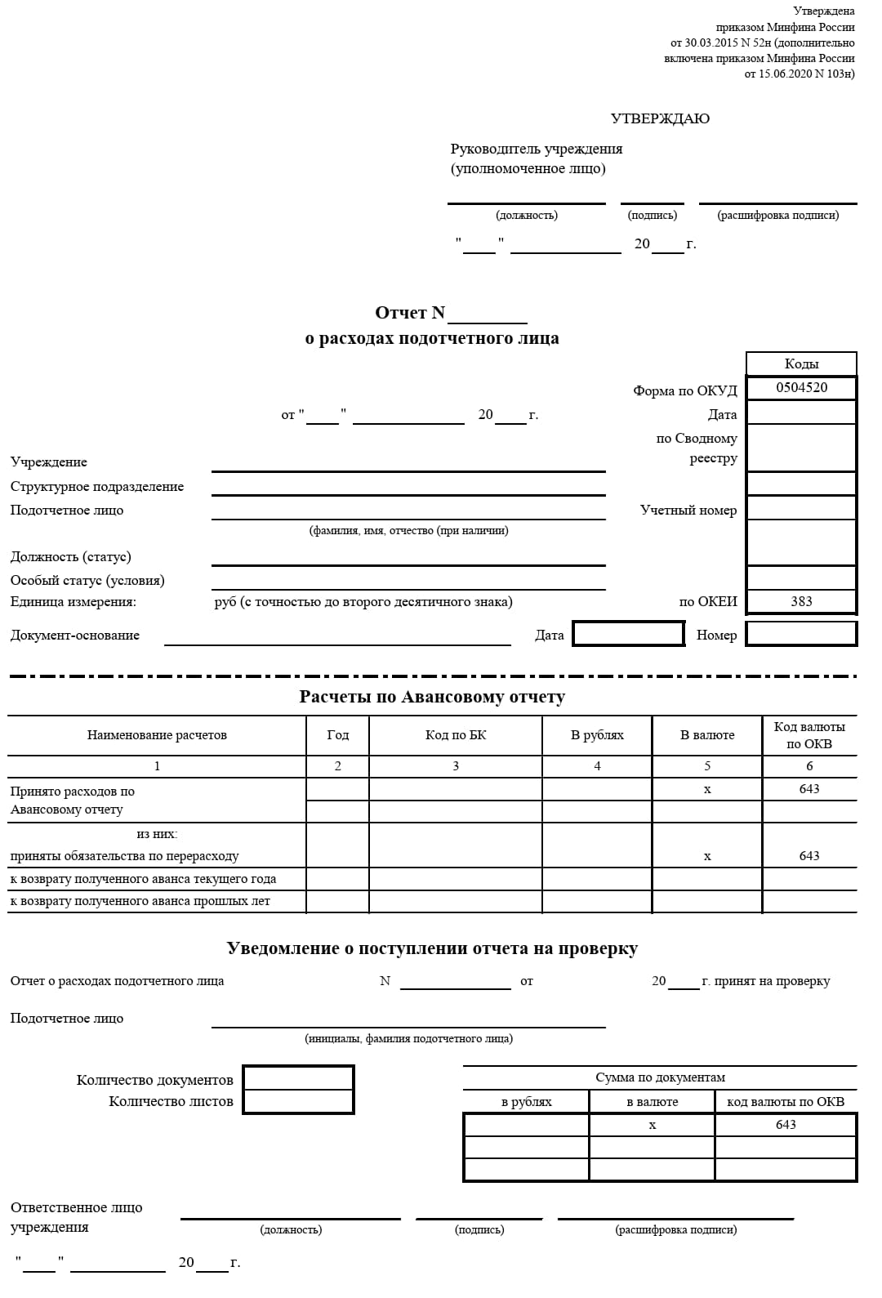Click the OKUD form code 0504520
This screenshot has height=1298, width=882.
click(801, 387)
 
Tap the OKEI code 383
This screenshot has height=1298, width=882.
click(801, 601)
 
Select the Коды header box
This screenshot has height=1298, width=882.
click(801, 364)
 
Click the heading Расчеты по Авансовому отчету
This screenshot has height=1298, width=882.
click(432, 697)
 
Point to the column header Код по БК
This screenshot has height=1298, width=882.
click(456, 735)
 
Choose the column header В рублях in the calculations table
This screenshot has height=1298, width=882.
click(597, 735)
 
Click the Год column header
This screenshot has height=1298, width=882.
click(337, 735)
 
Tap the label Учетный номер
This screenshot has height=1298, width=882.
click(688, 511)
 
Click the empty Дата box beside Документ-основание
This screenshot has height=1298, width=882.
click(628, 634)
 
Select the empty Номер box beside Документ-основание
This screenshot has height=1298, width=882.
click(801, 634)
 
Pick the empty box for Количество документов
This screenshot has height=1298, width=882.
click(298, 1078)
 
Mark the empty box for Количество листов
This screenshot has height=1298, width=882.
click(298, 1101)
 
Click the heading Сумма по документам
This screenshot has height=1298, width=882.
click(660, 1077)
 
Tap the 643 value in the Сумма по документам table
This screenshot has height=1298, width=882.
click(786, 1125)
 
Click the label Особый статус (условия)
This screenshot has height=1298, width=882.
click(87, 580)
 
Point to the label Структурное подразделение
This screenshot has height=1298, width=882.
click(97, 487)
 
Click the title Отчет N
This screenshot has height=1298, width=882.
click(410, 313)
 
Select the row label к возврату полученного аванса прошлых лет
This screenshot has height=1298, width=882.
click(140, 901)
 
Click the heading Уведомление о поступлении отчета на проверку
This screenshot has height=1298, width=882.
click(432, 948)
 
